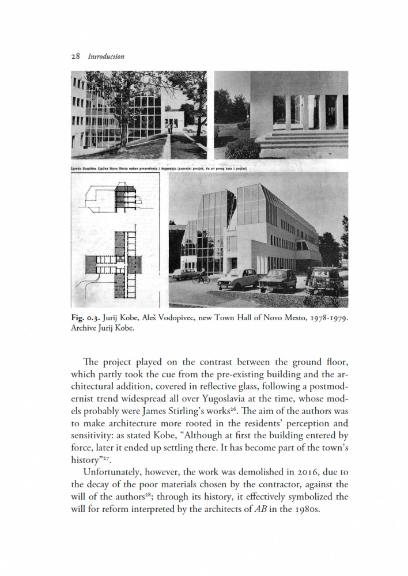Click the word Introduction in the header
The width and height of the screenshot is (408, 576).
[104, 56]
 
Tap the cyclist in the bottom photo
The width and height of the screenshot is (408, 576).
[202, 278]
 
